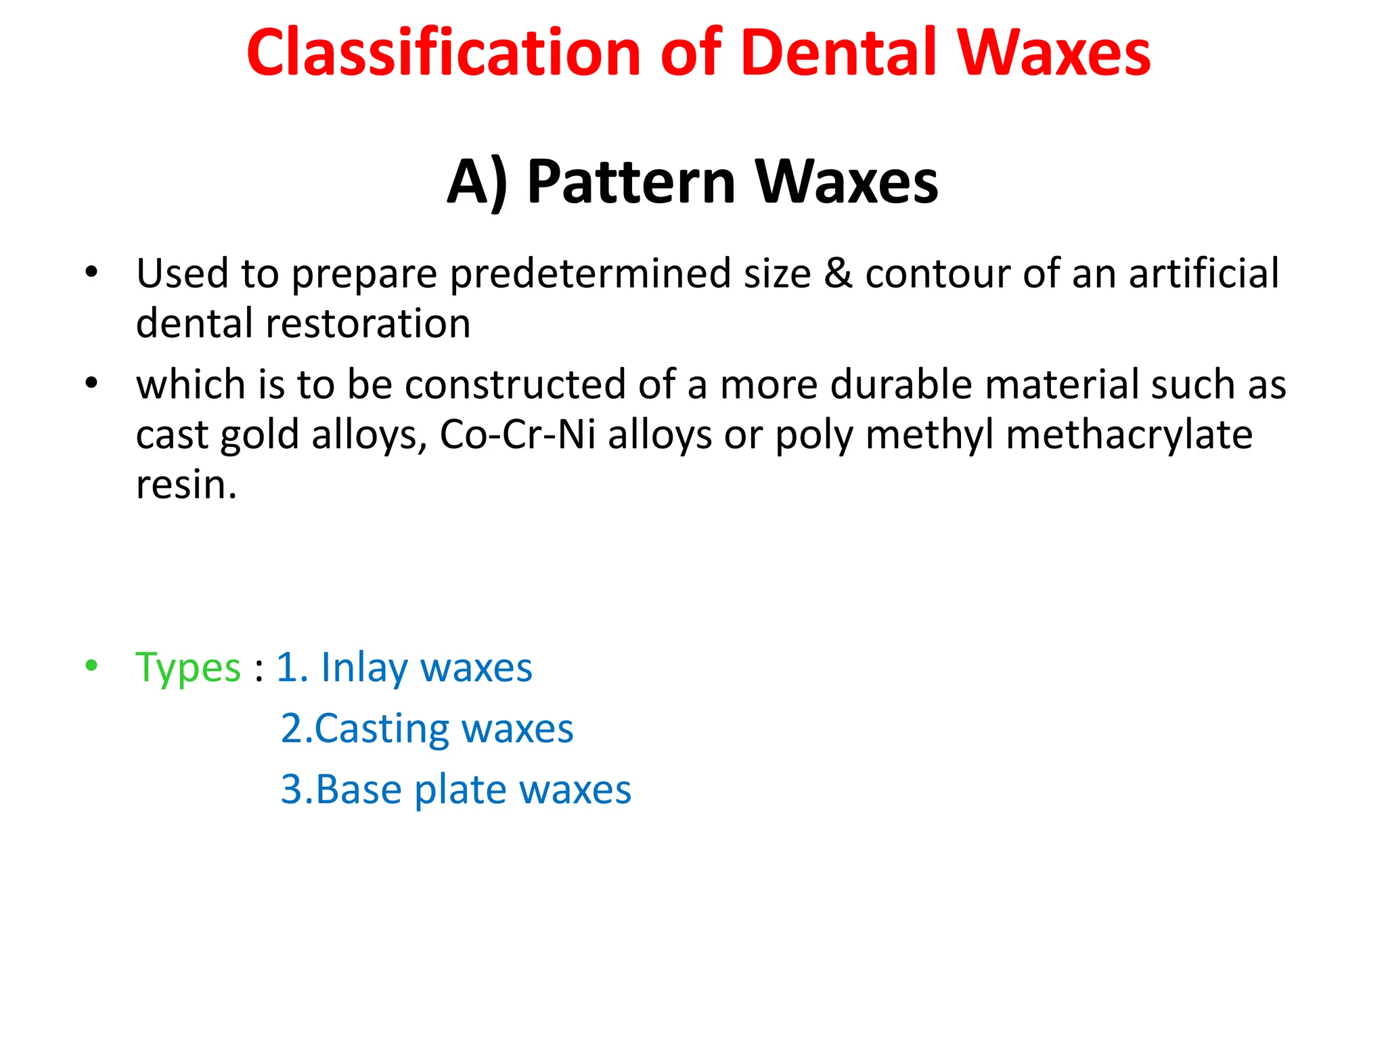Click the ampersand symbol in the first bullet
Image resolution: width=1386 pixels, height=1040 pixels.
click(838, 274)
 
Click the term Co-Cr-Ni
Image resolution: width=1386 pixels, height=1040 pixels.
click(518, 435)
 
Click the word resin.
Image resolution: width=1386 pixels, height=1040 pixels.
click(185, 485)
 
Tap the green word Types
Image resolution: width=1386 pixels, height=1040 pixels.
click(188, 668)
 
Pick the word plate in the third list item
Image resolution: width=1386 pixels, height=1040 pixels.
click(460, 790)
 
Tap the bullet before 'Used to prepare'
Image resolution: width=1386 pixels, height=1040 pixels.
click(91, 272)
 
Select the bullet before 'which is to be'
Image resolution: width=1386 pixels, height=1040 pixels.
click(91, 383)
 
